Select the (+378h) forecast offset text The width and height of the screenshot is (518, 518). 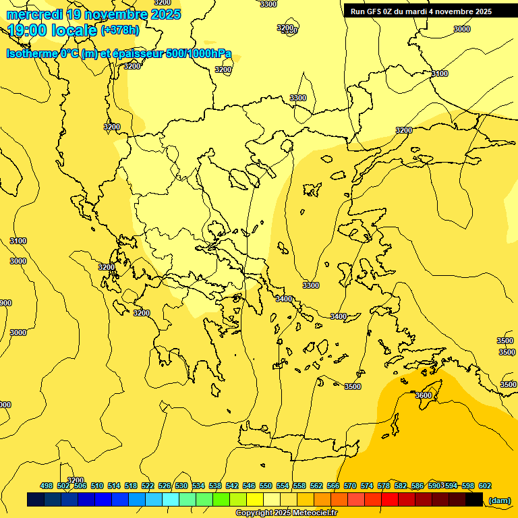point(119,30)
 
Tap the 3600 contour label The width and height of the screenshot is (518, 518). point(424,395)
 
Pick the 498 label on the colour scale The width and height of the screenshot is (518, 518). point(47,486)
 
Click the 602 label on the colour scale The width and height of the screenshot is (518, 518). point(485,486)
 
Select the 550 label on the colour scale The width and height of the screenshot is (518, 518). point(266,486)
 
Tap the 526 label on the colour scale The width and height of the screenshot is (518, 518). point(165,486)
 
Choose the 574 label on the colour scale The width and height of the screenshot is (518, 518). point(367,486)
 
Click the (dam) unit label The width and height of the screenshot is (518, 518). point(499,500)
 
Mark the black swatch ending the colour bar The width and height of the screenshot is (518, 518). point(474,500)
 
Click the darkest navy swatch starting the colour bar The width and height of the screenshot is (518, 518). point(36,500)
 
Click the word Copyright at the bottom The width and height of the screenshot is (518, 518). point(255,513)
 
